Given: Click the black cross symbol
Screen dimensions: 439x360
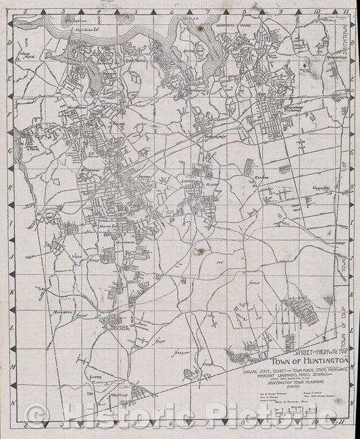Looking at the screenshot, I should point(306,64).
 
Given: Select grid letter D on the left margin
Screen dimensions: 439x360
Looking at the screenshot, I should point(10,42).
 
